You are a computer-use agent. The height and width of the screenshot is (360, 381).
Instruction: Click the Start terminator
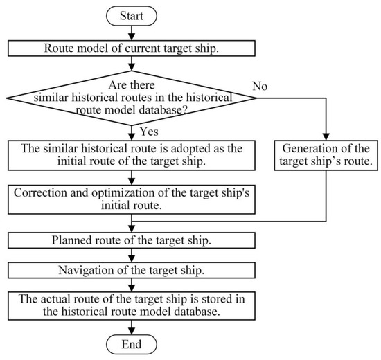tap(132, 14)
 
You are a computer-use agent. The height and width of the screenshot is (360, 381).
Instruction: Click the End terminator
tap(132, 344)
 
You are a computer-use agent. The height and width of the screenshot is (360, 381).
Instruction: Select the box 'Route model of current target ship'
tap(132, 49)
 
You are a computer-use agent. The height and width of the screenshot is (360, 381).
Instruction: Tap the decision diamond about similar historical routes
tap(132, 97)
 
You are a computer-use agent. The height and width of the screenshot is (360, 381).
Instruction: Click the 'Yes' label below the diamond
tap(149, 130)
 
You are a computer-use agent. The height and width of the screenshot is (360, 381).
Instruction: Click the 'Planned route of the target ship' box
tap(132, 240)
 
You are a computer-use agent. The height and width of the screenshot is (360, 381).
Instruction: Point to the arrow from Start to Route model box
tap(132, 32)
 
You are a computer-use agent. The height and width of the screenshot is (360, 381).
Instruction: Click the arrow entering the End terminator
tap(132, 327)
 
